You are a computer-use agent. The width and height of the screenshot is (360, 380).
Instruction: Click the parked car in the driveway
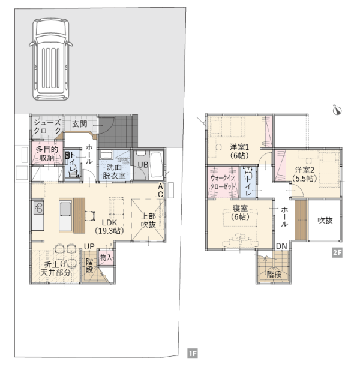(x=51, y=59)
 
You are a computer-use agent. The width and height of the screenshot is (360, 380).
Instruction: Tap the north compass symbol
(x=337, y=110)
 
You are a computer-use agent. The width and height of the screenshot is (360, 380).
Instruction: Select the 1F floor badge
(x=193, y=353)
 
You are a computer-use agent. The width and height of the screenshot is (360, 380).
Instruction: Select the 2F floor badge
(x=337, y=252)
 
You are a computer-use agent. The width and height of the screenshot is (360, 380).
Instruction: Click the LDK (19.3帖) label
(x=109, y=227)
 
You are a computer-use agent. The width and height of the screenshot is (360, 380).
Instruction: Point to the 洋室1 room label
(x=239, y=147)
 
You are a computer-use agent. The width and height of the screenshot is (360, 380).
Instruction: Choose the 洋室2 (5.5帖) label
(x=304, y=174)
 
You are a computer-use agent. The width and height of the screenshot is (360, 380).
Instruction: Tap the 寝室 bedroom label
(x=240, y=208)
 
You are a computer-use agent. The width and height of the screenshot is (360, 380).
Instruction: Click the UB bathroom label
(x=143, y=165)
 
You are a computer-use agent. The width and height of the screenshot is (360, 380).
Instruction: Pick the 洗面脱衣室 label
(x=114, y=171)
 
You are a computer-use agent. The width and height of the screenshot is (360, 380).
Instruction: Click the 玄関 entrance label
(x=80, y=124)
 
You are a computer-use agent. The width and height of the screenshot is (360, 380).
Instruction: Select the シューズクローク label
(x=47, y=126)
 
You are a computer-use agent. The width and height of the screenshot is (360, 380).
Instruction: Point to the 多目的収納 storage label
(x=47, y=154)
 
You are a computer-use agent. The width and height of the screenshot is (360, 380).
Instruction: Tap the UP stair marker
(x=89, y=246)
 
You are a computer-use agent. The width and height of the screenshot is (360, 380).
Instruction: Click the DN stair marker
(x=281, y=246)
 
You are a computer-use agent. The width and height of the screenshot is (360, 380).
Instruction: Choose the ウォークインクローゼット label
(x=223, y=182)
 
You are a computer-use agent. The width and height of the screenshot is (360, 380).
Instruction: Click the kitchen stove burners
(x=38, y=207)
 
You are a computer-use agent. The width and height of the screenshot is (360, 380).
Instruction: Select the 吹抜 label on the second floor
(x=325, y=221)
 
